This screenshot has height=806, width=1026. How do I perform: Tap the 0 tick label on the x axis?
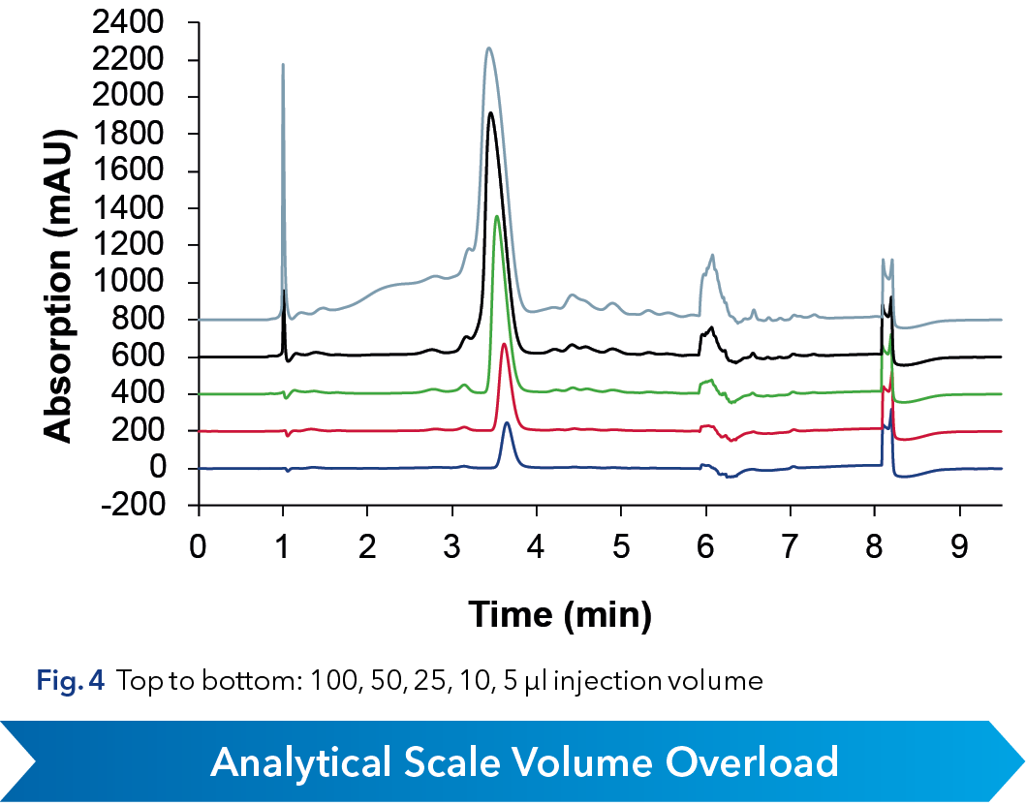[199, 547]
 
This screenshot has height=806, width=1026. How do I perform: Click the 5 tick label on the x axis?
[621, 547]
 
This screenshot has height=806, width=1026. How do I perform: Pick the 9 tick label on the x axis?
[959, 547]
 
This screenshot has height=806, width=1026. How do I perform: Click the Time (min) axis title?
[560, 612]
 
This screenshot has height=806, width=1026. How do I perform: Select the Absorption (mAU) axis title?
[60, 263]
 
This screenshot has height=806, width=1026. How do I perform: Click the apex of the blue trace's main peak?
[507, 422]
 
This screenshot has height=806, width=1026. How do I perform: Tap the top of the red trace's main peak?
[504, 344]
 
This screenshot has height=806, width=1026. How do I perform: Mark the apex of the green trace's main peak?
[497, 216]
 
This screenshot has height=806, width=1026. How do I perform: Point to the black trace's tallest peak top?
[491, 113]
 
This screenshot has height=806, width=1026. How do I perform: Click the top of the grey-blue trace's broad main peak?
[489, 47]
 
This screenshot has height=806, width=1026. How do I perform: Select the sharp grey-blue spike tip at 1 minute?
[283, 65]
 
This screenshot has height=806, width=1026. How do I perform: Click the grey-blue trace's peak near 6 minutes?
[712, 256]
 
